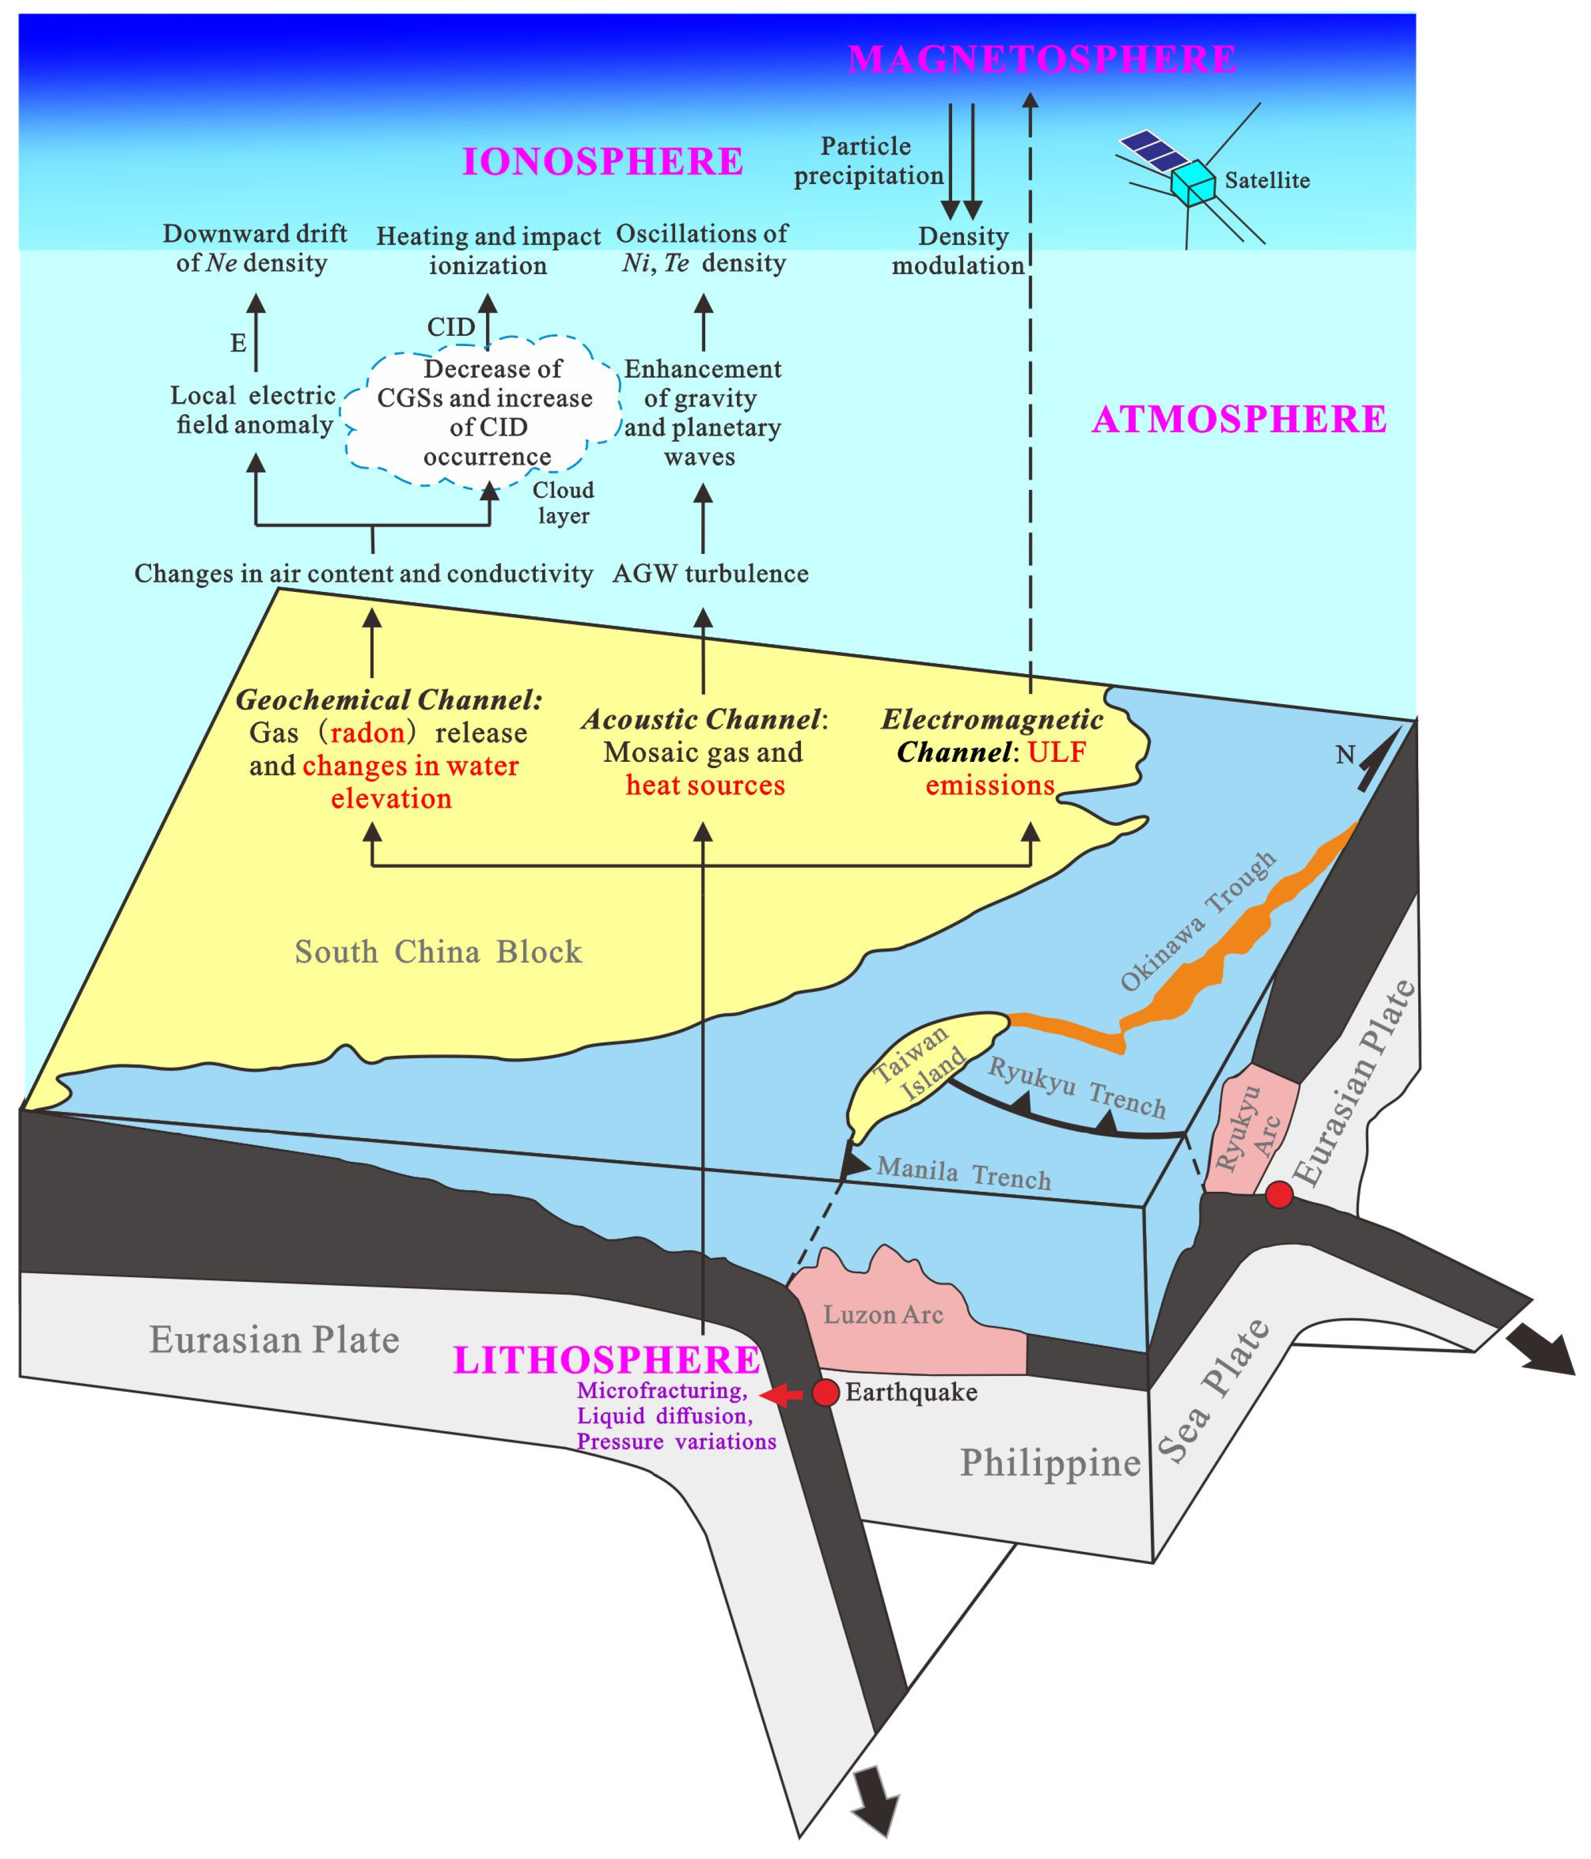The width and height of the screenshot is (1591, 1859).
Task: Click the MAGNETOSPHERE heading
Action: click(x=1041, y=59)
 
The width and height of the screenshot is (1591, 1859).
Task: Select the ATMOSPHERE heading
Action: click(x=1238, y=419)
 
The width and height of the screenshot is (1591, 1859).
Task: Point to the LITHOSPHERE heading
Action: click(x=607, y=1360)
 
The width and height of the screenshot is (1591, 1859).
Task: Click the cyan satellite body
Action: click(x=1192, y=182)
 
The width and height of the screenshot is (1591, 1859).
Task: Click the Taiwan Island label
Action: click(x=920, y=1063)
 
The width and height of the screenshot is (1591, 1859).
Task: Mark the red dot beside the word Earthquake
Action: click(x=825, y=1392)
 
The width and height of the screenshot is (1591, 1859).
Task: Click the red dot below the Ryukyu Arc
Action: click(x=1279, y=1194)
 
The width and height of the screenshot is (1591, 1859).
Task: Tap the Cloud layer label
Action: click(x=564, y=502)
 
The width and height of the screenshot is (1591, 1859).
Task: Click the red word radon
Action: click(x=367, y=733)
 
